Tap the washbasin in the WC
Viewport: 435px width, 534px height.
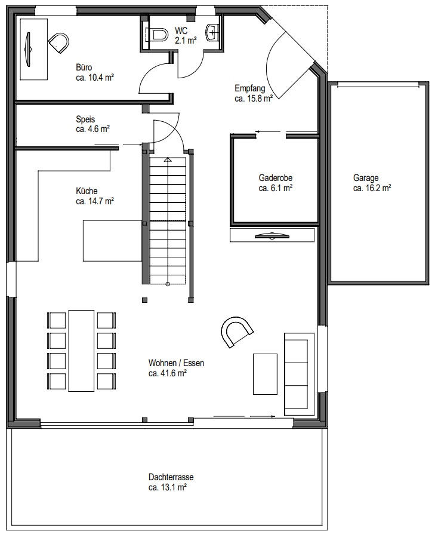point(212,33)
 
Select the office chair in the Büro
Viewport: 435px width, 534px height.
point(59,42)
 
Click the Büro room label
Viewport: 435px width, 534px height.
point(84,67)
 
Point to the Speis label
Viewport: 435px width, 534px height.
point(85,119)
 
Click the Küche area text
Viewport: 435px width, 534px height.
point(95,201)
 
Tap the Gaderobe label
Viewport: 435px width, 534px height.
point(276,178)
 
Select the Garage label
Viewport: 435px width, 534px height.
point(366,178)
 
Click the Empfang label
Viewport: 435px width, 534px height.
point(250,88)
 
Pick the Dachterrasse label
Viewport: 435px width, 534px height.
point(171,477)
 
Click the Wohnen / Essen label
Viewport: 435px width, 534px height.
point(176,363)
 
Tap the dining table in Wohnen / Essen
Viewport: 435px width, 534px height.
point(82,351)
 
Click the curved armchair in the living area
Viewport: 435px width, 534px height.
point(237,332)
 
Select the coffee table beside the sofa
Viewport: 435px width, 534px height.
point(265,374)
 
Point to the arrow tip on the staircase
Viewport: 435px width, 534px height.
point(167,159)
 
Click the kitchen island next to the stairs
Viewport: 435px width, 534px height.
point(113,241)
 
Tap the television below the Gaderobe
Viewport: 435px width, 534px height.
point(272,235)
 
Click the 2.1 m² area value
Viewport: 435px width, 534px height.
point(186,41)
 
